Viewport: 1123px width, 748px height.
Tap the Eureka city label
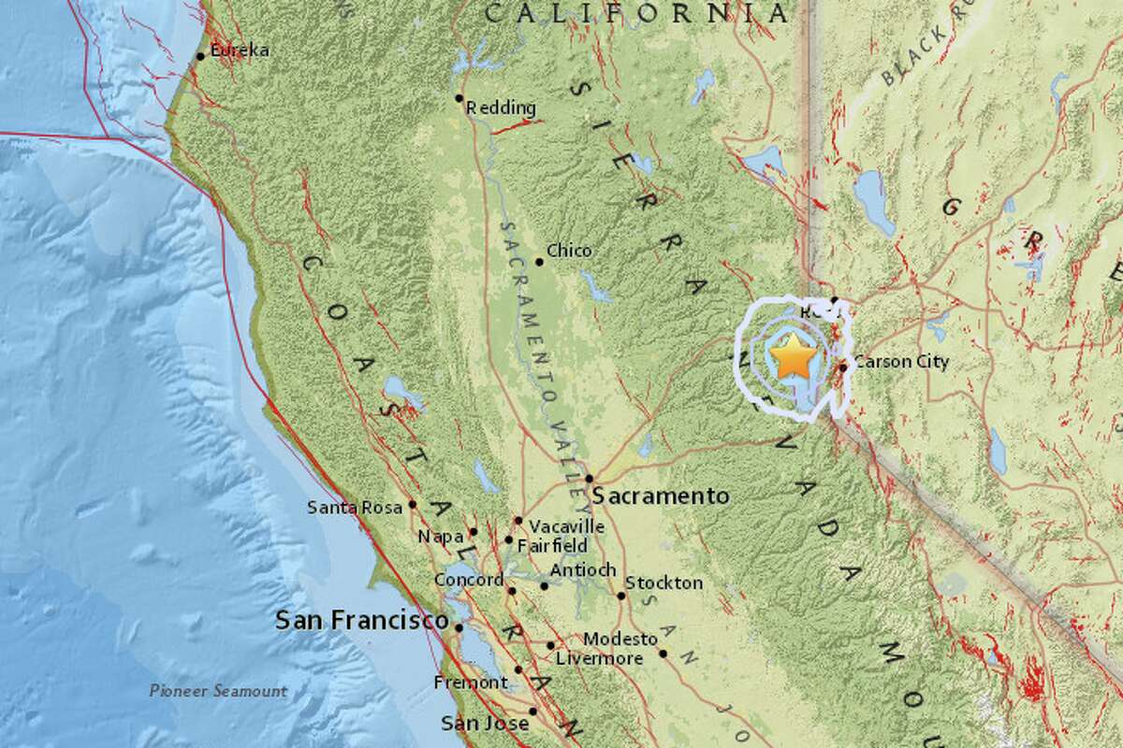(x=240, y=51)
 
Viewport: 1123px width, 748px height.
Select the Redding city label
(x=506, y=108)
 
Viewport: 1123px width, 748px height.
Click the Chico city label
(x=569, y=252)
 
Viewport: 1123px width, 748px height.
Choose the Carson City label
(x=902, y=362)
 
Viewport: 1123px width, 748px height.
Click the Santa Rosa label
(x=356, y=508)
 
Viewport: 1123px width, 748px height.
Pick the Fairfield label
(x=552, y=545)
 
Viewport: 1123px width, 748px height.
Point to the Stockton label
(x=664, y=583)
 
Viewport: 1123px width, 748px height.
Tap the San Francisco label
(x=360, y=621)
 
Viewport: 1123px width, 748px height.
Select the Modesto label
(x=620, y=640)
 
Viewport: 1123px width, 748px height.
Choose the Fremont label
(x=471, y=683)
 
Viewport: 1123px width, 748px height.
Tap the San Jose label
(x=477, y=723)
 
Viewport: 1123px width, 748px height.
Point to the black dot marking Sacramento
(x=590, y=479)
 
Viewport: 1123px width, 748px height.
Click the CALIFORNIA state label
(x=635, y=13)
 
